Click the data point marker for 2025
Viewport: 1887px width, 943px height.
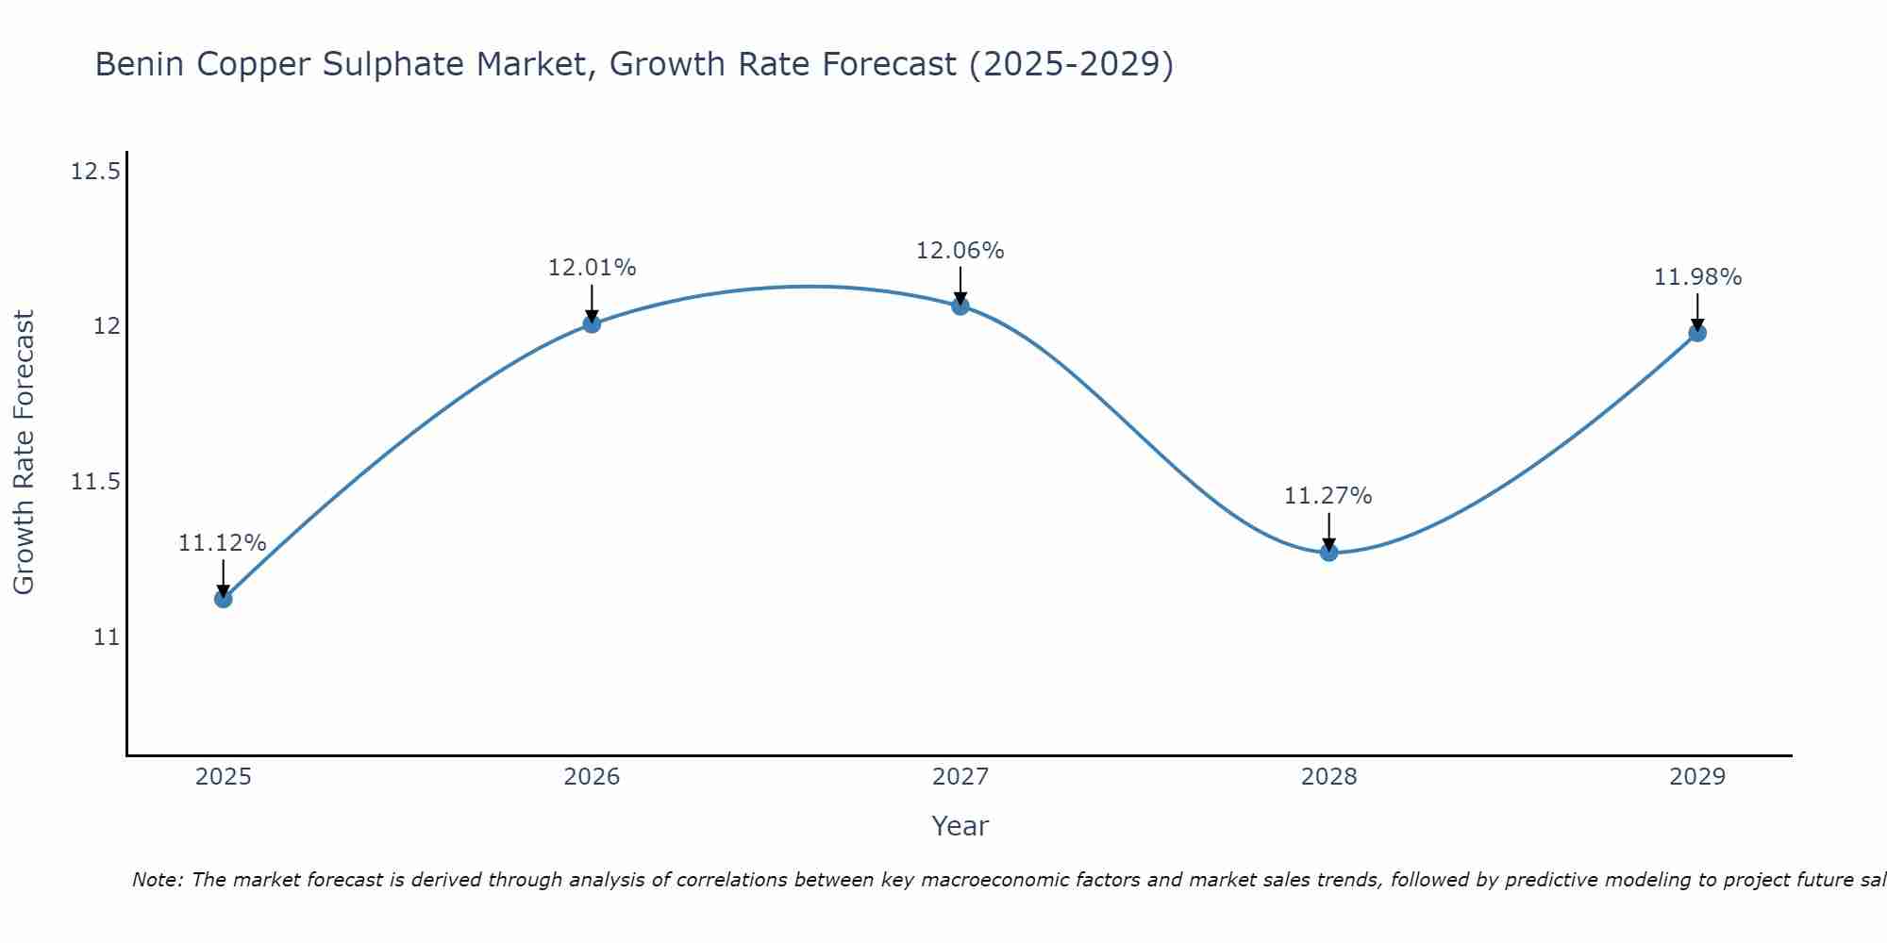223,599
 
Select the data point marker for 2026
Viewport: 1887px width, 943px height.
592,323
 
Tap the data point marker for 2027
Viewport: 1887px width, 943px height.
960,306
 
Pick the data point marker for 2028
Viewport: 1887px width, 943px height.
1328,552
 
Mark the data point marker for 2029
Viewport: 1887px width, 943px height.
1697,332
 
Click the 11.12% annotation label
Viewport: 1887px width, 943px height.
223,543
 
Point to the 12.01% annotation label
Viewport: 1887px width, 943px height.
592,268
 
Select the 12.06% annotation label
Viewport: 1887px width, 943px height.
960,251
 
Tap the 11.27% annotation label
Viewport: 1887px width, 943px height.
1328,496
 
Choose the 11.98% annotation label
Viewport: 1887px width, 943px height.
1697,277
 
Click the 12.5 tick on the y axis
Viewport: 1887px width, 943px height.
96,172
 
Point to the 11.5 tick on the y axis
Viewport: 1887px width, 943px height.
96,482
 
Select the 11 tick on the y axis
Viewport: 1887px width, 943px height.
107,637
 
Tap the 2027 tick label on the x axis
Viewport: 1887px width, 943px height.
960,777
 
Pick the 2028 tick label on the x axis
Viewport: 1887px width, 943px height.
1328,777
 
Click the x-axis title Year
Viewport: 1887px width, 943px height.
960,826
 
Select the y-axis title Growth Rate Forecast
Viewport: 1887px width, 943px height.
24,453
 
